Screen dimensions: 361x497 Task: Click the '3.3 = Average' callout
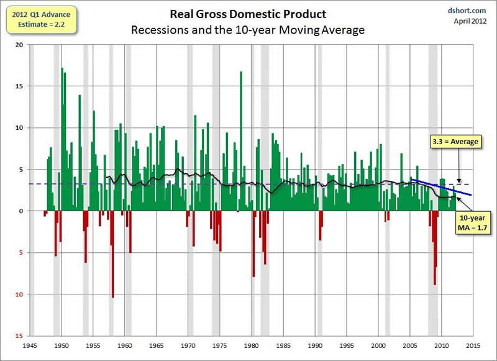[x=456, y=142]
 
